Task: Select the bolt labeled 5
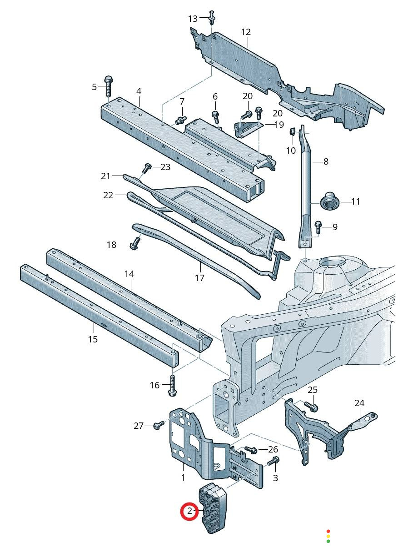108,85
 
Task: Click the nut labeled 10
293,132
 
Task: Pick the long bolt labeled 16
173,384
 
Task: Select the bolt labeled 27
159,425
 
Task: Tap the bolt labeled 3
274,461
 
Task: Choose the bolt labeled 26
251,450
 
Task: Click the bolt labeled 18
134,246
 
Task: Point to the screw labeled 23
146,168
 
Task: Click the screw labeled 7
181,120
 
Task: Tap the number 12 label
246,32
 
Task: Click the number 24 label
359,403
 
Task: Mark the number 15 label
93,339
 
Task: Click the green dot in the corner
328,541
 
